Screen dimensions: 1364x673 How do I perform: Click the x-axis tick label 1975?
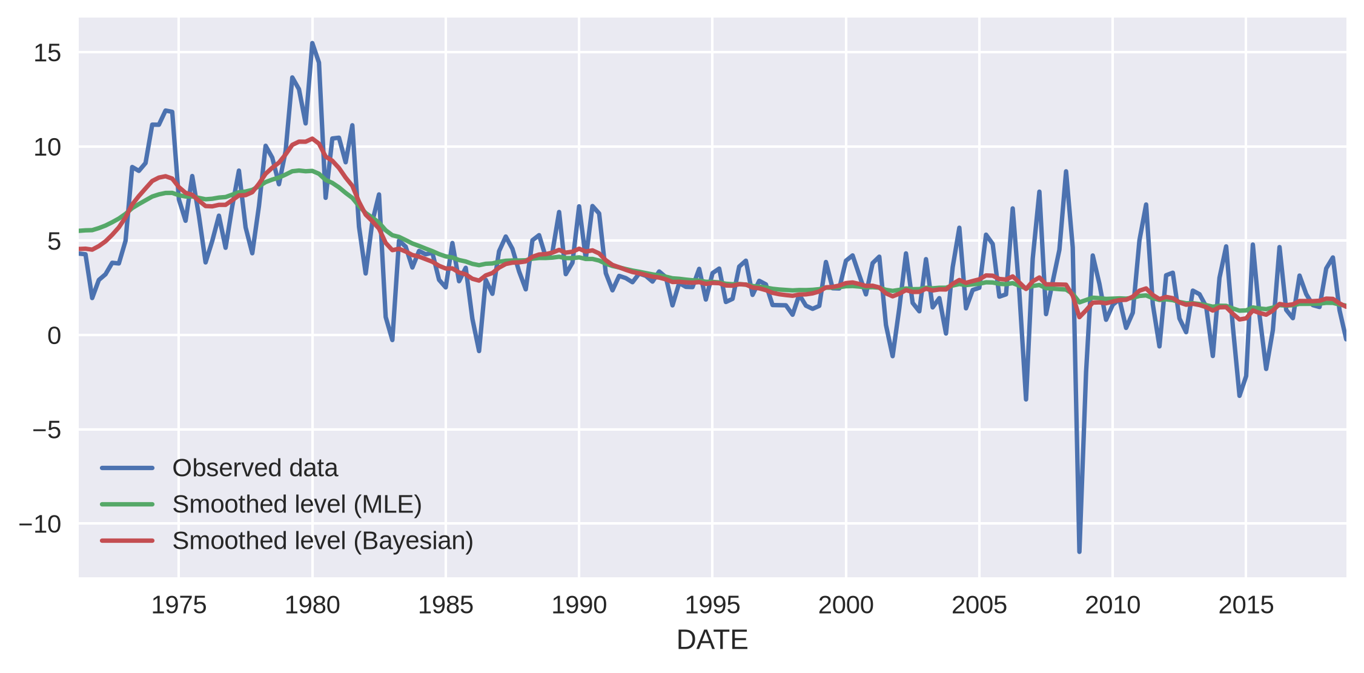(x=179, y=605)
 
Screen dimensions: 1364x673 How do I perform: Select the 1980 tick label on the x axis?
(x=312, y=605)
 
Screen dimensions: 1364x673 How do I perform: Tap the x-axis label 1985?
(x=446, y=605)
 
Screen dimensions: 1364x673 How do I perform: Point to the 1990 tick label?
(x=579, y=605)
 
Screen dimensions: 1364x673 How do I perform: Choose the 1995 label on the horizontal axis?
(x=712, y=605)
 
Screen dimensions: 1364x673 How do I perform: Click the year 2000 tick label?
(x=846, y=605)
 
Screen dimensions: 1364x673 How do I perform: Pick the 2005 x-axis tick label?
(x=979, y=605)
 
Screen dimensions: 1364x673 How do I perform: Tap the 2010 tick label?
(x=1113, y=605)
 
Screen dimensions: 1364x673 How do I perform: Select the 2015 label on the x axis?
(x=1246, y=605)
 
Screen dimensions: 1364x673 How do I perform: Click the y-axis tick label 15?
(x=47, y=53)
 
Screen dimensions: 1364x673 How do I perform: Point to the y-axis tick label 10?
(x=47, y=147)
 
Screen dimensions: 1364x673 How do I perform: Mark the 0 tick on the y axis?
(x=55, y=336)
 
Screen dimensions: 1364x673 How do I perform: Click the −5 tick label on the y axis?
(x=47, y=430)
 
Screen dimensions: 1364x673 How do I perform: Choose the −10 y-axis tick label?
(x=40, y=524)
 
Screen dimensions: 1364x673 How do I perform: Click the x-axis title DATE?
(x=712, y=640)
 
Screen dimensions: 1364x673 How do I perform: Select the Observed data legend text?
(x=255, y=468)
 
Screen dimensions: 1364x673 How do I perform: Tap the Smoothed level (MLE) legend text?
(x=297, y=505)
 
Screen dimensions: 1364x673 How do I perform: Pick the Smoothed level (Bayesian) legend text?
(x=323, y=541)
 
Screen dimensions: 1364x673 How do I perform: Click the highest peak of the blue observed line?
(x=312, y=43)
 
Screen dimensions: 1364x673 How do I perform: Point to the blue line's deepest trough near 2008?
(x=1079, y=551)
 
